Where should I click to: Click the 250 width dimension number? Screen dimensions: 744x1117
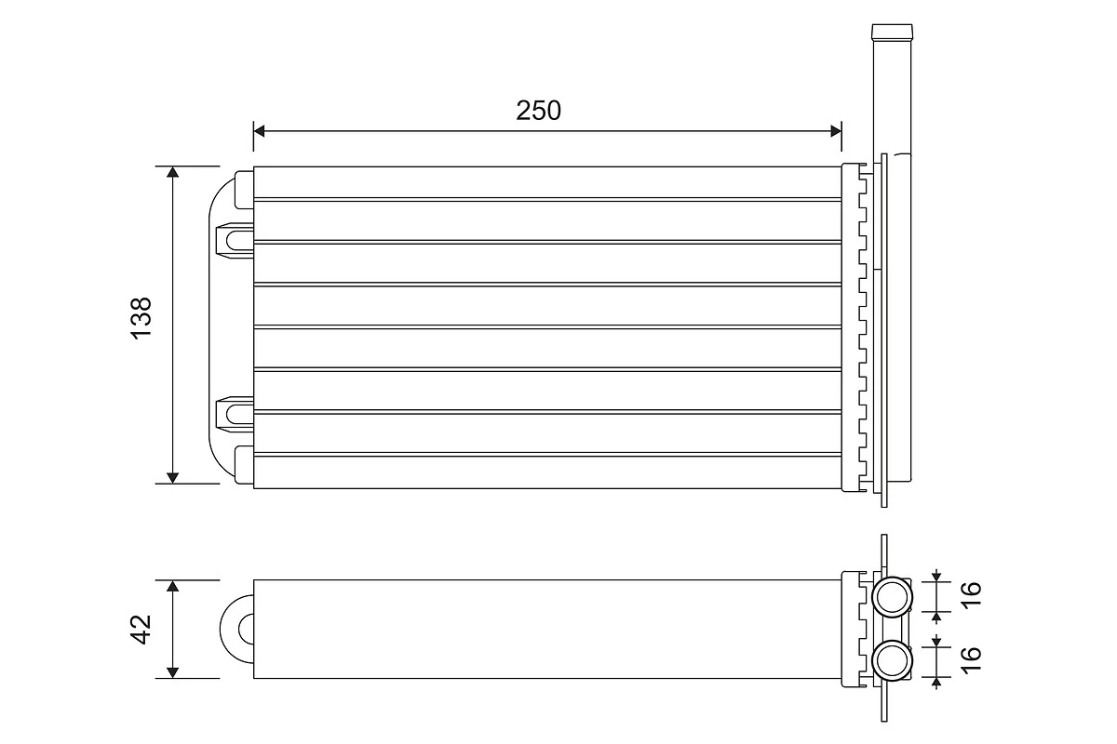click(539, 111)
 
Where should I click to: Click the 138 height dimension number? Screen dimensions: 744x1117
click(141, 319)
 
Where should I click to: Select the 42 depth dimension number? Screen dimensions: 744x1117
click(141, 629)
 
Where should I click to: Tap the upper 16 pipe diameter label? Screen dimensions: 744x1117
click(971, 593)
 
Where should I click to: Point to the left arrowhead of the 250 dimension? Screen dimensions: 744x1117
click(260, 131)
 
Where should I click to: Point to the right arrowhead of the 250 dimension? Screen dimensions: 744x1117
click(835, 131)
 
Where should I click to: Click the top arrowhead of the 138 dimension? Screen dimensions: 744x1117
click(172, 173)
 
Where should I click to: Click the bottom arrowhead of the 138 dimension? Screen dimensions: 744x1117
click(172, 477)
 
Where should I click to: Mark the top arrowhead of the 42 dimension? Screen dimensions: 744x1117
click(172, 586)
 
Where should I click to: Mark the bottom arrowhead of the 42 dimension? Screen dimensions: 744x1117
click(172, 672)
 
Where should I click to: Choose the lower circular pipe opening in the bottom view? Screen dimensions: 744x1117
click(893, 661)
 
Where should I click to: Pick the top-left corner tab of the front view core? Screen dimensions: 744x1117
click(244, 189)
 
